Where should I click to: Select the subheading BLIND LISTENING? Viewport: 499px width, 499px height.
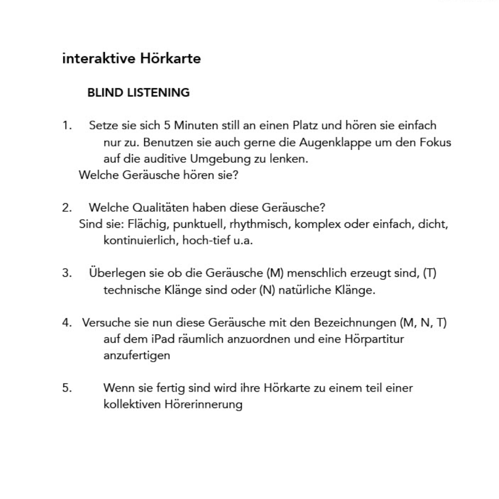pos(138,92)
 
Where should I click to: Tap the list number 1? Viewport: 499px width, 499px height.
pos(67,125)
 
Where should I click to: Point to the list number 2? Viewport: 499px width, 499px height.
pos(67,207)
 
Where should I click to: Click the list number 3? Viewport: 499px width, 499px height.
pos(67,273)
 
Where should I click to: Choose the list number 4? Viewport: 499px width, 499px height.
pos(67,323)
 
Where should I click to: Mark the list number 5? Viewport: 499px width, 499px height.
pos(67,388)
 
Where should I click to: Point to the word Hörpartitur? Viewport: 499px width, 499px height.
pos(375,339)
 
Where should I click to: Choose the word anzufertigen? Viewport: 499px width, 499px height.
pos(137,355)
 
